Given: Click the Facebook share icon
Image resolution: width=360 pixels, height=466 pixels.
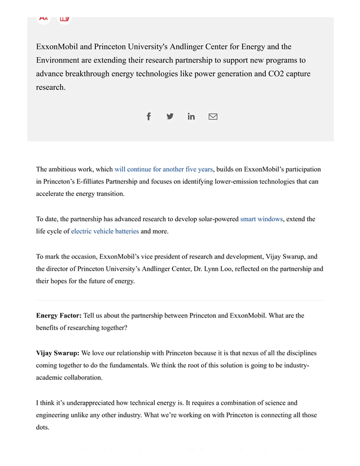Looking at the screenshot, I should coord(149,116).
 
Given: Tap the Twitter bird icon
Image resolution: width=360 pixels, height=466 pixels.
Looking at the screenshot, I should coord(170,116).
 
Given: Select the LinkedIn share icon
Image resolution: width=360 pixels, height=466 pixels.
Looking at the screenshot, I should coord(191,116).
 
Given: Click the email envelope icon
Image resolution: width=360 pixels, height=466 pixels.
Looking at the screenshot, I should coord(213,116).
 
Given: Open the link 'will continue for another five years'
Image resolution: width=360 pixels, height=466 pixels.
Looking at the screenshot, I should coord(164,169).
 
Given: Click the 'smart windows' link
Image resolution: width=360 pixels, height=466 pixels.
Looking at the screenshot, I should coord(261,219).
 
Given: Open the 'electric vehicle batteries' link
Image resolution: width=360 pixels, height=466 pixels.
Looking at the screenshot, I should coord(105,231).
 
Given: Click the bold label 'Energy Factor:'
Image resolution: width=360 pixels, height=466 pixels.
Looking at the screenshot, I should coord(59,315).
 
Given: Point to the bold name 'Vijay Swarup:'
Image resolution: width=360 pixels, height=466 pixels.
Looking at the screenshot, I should coord(58,353).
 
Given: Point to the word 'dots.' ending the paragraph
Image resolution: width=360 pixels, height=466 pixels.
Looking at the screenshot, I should coord(44,428).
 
